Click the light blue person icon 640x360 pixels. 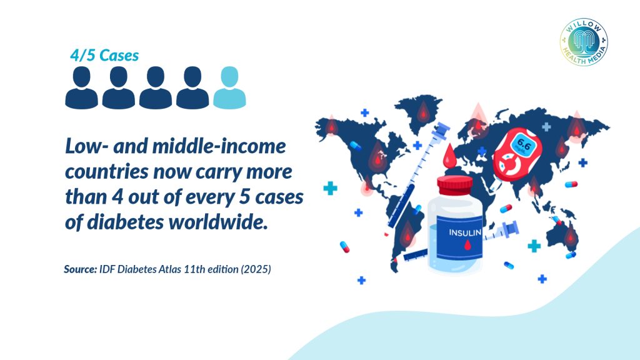229,87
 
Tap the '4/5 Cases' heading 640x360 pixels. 104,56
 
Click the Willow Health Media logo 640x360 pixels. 584,42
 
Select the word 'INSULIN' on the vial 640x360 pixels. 465,232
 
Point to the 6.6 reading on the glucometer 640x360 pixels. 523,144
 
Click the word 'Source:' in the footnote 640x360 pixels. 81,269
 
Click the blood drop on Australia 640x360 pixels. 569,236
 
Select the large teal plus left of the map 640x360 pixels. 330,188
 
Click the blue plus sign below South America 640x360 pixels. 361,280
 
